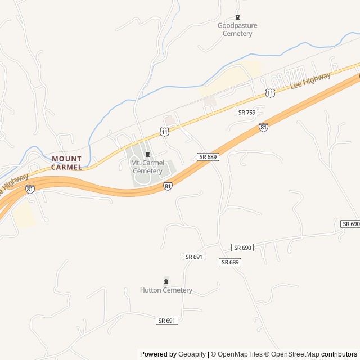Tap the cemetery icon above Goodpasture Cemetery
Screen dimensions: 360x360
click(x=237, y=17)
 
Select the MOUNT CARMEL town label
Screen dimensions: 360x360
click(x=67, y=163)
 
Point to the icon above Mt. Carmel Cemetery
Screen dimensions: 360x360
click(x=147, y=155)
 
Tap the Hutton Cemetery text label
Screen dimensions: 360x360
click(x=166, y=290)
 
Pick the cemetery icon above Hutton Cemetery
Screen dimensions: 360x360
click(x=166, y=281)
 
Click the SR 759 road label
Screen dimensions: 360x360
click(x=247, y=112)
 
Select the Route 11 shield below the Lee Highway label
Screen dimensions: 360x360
click(x=271, y=93)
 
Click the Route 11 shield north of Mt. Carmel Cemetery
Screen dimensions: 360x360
click(x=164, y=132)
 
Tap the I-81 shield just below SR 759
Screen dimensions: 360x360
click(x=263, y=128)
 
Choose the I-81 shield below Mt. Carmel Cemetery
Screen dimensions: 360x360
click(x=168, y=185)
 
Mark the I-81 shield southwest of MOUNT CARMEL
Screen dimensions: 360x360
click(x=30, y=190)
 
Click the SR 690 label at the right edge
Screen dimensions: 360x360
click(x=350, y=224)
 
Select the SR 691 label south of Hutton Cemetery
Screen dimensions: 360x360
click(x=167, y=321)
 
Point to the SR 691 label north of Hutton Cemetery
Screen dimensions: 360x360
click(x=193, y=256)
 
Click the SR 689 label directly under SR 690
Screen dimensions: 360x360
click(x=231, y=262)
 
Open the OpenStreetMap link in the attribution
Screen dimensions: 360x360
click(x=295, y=354)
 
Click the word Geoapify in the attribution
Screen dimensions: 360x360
click(x=192, y=354)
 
